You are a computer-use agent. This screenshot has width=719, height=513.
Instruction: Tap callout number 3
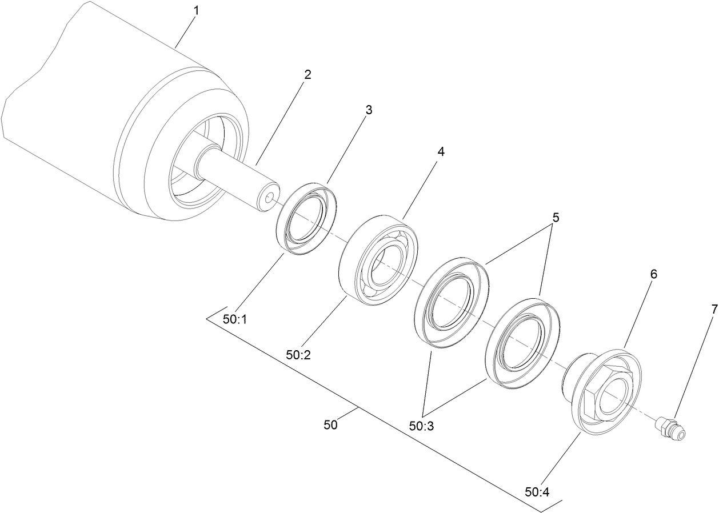tap(369, 110)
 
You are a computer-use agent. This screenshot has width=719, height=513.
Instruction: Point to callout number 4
tap(441, 151)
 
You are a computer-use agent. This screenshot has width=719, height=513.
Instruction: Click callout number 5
tap(556, 218)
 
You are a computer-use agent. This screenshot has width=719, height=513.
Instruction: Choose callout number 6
tap(653, 274)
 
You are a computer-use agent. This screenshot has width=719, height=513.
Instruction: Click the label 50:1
tap(234, 320)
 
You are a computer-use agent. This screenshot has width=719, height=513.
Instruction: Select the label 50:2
tap(298, 355)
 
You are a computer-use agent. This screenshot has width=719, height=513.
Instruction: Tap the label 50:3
tap(422, 426)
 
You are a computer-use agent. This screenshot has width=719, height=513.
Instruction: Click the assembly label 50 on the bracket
tap(330, 425)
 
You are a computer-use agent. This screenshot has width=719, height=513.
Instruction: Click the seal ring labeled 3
tap(306, 218)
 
